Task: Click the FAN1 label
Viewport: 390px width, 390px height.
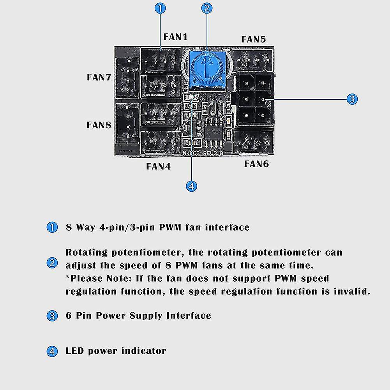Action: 175,37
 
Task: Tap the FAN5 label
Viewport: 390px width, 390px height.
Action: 253,39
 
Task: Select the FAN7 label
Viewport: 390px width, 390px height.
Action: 99,77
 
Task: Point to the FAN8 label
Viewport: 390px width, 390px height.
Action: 99,125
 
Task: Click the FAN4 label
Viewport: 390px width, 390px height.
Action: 159,166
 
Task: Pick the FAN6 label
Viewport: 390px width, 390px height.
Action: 256,164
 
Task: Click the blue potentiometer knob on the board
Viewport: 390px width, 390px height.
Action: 206,67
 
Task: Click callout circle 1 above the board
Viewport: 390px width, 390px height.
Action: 161,8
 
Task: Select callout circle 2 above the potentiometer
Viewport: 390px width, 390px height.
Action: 207,8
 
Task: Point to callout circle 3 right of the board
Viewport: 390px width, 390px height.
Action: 352,99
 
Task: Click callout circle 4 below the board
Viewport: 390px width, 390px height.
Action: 191,186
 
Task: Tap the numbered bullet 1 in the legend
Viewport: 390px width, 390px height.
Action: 52,227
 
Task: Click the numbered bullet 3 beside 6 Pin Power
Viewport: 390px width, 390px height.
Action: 52,316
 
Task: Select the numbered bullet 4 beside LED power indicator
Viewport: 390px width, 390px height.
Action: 52,351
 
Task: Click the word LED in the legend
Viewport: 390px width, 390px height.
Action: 75,351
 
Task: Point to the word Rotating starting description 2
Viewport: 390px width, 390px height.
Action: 86,252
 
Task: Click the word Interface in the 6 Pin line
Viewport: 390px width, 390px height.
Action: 189,315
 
